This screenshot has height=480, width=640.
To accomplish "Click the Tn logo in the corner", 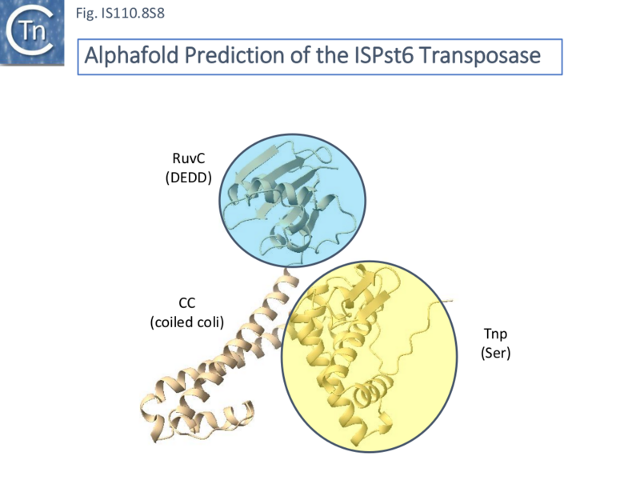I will click(30, 32).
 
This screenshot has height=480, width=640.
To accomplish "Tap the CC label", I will click(186, 302).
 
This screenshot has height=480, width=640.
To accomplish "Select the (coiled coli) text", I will click(186, 322).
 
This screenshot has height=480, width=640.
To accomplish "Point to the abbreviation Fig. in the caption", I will click(83, 13).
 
